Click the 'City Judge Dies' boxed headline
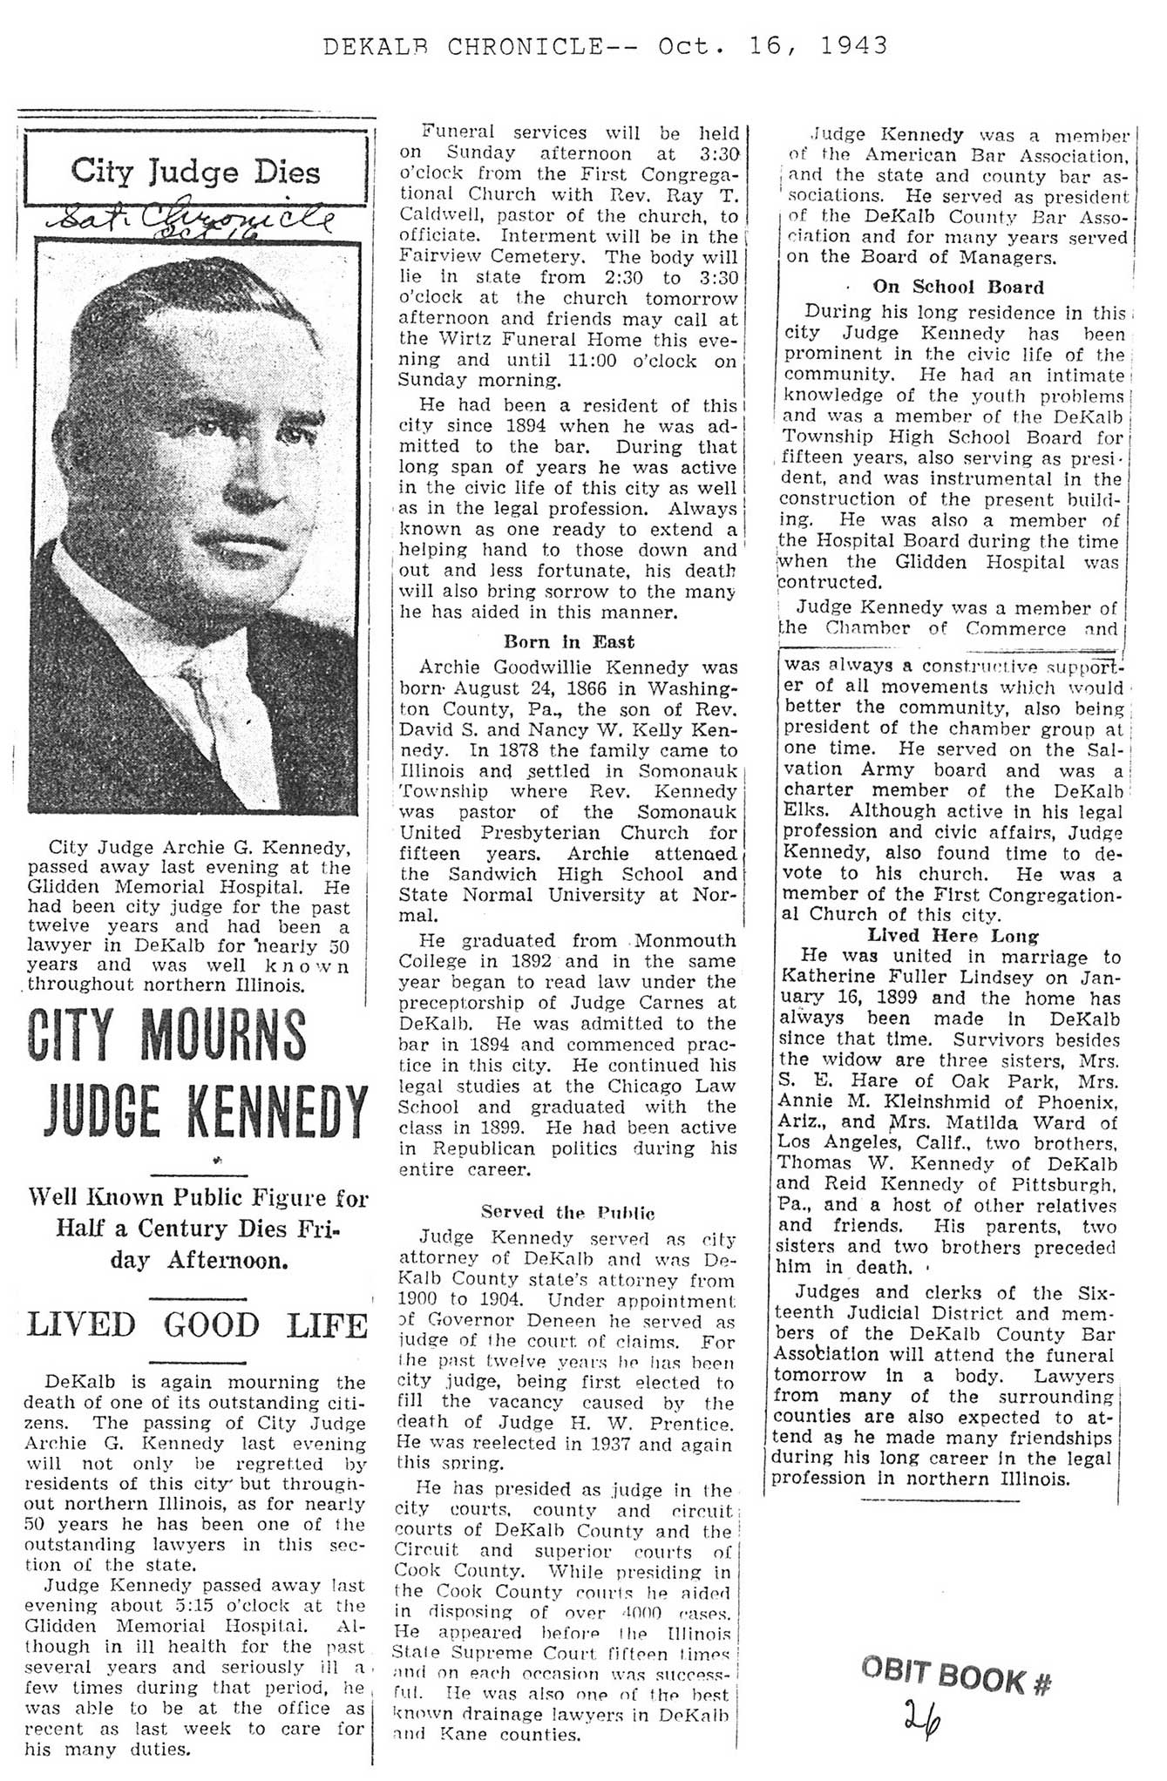coord(195,170)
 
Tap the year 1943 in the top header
coord(853,45)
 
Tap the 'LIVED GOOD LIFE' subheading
coord(196,1325)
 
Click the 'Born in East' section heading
coord(569,642)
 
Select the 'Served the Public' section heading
coord(567,1212)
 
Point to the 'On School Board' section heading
coord(958,287)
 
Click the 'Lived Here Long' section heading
coord(953,936)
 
